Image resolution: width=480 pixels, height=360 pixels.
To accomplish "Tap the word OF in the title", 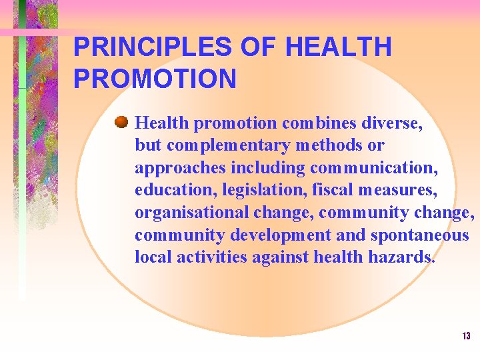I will point(261,47).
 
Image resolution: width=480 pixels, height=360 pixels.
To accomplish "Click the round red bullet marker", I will point(121,122).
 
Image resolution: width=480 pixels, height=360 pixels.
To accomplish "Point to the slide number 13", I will point(466,336).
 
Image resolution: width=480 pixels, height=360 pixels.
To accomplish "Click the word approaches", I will point(180,168).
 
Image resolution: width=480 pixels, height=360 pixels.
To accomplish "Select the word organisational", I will point(191,213).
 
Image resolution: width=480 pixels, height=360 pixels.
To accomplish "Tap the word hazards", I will point(402,257).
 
